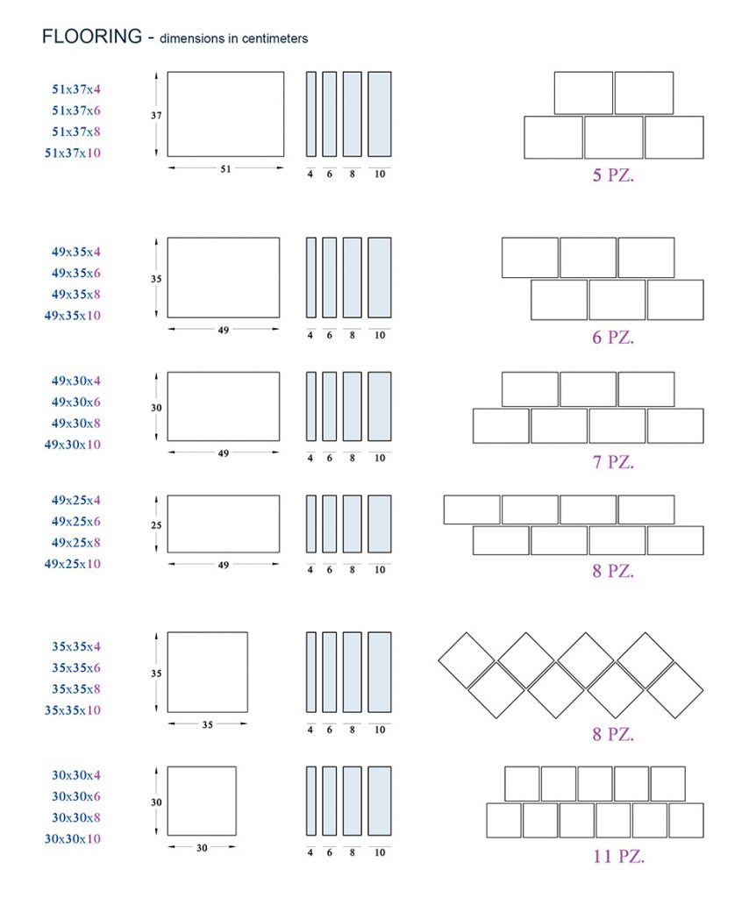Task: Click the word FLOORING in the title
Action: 91,36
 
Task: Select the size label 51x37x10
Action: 73,153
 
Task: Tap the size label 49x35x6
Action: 76,273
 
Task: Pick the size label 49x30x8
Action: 76,424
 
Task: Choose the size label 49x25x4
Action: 76,500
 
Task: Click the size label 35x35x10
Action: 73,710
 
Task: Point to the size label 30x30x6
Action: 76,796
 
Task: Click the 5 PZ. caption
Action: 613,175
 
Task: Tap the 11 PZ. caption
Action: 618,856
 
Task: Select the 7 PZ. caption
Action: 613,461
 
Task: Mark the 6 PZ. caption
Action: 613,338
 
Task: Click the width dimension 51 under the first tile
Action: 225,169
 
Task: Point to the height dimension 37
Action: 156,115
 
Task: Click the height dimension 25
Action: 156,525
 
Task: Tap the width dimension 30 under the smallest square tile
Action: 202,848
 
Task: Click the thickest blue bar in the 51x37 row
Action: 380,114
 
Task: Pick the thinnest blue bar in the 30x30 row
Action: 311,801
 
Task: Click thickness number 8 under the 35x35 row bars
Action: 353,730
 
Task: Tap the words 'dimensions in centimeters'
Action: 233,39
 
